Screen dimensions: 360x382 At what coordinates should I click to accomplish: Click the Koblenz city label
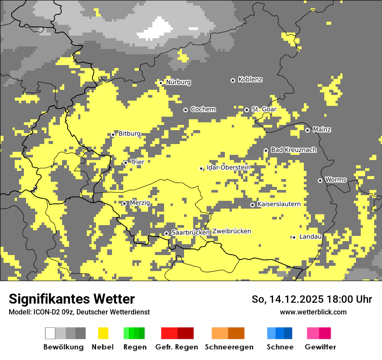250,80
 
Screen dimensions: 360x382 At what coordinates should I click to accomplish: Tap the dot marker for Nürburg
161,83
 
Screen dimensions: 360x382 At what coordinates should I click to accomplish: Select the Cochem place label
203,109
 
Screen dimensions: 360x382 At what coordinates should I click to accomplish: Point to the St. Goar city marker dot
247,110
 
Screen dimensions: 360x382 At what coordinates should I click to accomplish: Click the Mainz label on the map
322,130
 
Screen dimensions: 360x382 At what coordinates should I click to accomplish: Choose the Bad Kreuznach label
293,150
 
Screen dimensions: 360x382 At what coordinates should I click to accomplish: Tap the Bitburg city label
129,134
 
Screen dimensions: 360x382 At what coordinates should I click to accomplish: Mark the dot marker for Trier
125,163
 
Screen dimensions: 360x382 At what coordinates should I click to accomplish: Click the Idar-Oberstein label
228,167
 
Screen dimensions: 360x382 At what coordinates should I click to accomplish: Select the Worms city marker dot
320,180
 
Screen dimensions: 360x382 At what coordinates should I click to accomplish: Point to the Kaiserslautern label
279,204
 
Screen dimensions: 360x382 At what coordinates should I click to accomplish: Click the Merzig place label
140,203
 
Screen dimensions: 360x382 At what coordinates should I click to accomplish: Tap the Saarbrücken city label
190,233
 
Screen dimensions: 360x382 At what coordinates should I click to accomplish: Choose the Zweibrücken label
231,231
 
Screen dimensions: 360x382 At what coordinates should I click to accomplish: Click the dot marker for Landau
294,237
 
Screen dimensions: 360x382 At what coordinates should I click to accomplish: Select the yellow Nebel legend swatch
103,333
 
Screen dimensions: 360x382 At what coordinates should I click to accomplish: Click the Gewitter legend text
320,347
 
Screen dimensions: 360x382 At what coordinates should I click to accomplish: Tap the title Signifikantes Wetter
72,299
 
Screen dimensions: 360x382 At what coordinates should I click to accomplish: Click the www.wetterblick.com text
313,312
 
